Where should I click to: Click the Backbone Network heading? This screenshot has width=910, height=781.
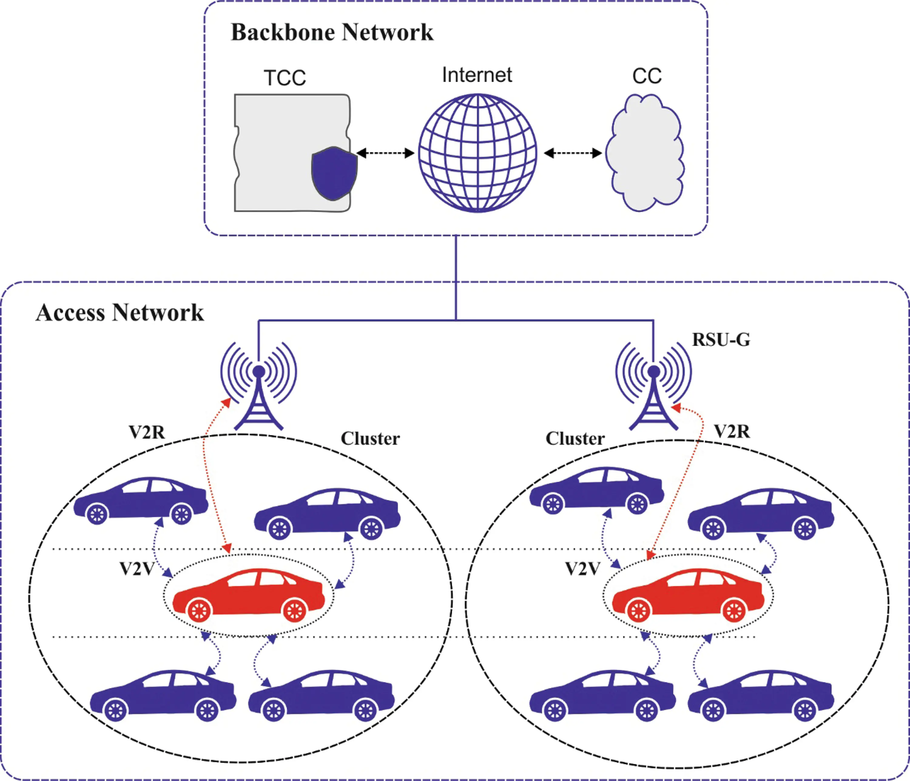point(332,32)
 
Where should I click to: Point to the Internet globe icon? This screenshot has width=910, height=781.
point(477,153)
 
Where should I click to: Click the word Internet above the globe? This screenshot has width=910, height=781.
point(477,75)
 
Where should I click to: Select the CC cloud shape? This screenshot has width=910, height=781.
point(645,153)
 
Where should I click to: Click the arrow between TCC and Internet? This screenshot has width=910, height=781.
point(385,153)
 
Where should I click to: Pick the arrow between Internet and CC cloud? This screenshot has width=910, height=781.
point(573,153)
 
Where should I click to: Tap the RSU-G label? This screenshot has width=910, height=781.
point(721,340)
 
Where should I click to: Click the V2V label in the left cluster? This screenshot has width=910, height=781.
point(137,569)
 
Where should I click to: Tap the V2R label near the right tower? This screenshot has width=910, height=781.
point(732,432)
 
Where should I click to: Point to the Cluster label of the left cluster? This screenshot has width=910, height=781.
point(370,438)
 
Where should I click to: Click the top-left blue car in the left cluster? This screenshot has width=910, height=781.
point(140,501)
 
